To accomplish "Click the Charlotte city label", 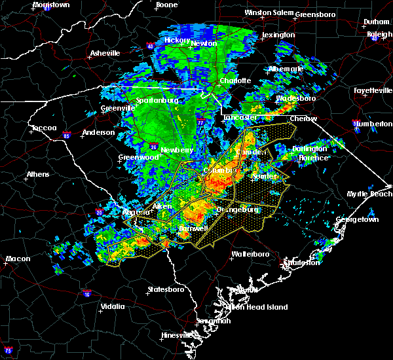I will coord(234,81).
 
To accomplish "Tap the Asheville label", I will coord(105,53).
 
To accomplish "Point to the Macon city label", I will coord(18,259).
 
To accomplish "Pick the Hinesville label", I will coord(176,335).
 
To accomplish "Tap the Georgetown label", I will coord(361,219).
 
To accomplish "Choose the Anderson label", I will coord(98,132).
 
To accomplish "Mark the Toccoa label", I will coord(44,128).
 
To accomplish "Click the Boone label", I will coord(166,5).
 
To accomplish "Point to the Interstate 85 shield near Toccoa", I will coord(67,136).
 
